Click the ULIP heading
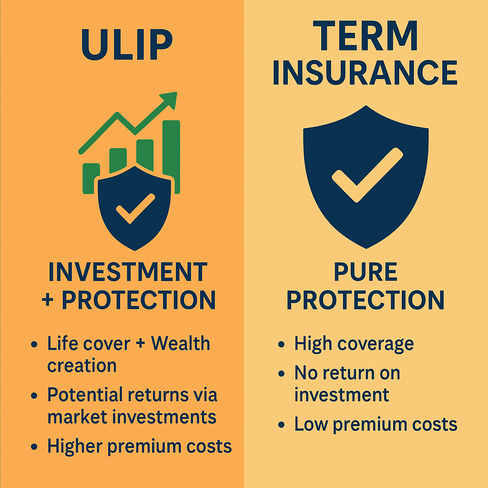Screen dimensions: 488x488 127,44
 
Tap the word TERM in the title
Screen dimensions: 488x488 365,35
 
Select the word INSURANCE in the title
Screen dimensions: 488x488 365,72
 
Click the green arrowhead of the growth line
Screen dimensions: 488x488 169,100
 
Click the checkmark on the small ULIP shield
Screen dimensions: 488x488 135,209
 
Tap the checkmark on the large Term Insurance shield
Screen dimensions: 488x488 367,175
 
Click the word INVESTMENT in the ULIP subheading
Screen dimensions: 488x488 128,272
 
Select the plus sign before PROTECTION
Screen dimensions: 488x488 48,300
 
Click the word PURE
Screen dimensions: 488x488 366,272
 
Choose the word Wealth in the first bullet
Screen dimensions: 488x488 181,343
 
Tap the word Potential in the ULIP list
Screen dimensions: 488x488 85,395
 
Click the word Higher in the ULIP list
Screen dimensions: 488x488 75,446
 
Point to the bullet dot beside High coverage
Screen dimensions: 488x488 281,344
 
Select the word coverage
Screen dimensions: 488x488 376,345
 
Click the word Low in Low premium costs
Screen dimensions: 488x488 311,424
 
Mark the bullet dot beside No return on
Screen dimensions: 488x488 281,374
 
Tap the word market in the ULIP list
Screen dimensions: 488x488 77,417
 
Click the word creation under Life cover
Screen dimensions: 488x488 82,366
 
